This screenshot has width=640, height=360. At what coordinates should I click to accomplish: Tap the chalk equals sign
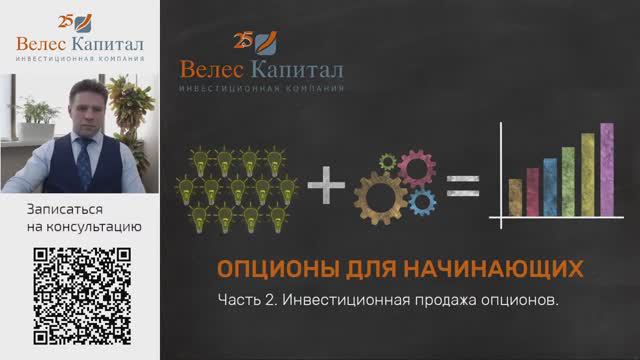(x=463, y=185)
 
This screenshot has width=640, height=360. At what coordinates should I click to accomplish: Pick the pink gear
(x=414, y=166)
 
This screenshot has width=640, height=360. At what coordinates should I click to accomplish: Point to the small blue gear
(x=423, y=201)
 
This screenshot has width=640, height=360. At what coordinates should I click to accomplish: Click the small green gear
(x=386, y=161)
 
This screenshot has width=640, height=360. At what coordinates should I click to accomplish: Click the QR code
(x=82, y=296)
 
